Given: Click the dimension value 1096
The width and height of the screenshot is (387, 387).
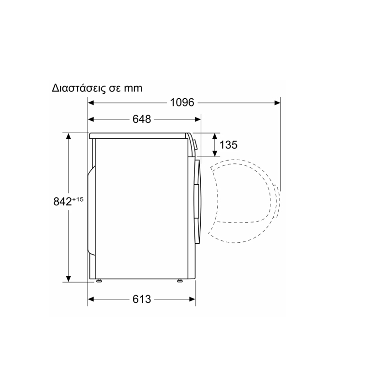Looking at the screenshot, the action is coord(182,103).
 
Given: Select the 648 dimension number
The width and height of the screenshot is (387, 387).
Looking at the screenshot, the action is coord(142,119).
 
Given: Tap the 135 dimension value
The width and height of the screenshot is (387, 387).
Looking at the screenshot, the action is coord(228,145).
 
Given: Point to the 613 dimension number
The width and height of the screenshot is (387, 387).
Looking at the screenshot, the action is coord(142,299).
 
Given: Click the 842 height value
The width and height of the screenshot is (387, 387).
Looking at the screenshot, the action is coord(62,202).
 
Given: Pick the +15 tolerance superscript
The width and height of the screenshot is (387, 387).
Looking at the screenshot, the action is coord(78,199).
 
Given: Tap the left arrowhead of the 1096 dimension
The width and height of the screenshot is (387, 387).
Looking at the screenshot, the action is coord(91,103).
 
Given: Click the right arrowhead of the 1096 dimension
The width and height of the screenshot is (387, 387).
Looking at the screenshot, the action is coord(277,103).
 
